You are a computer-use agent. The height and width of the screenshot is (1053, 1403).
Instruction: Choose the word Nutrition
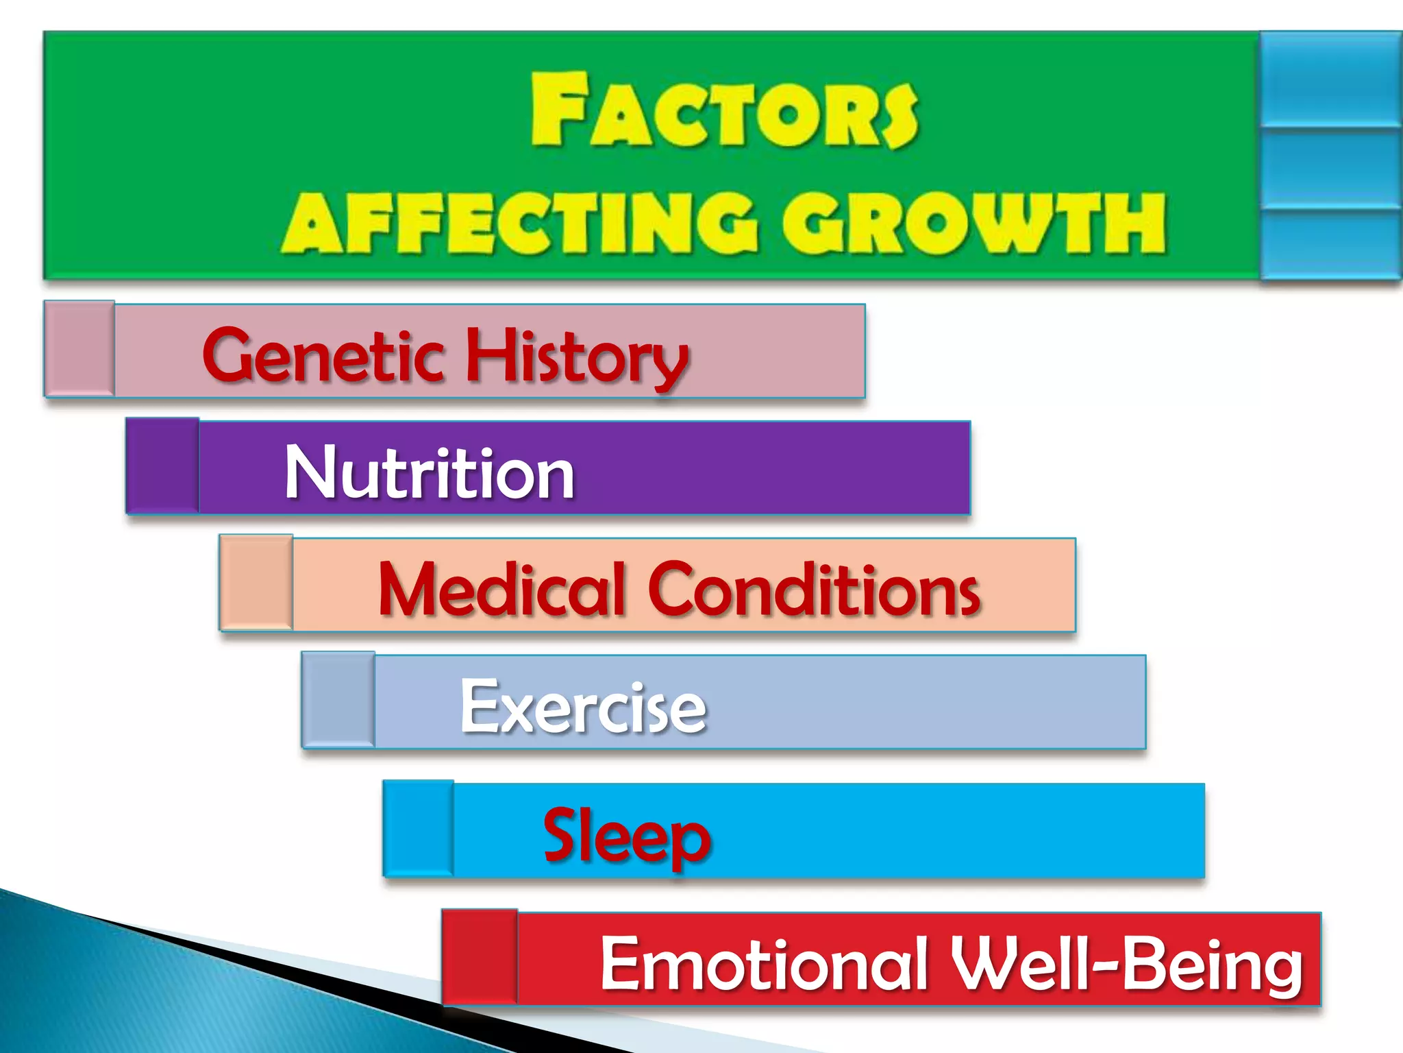point(430,472)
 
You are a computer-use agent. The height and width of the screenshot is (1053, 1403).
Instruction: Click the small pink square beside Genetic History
point(79,348)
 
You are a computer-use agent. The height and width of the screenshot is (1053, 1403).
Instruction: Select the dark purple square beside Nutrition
point(162,465)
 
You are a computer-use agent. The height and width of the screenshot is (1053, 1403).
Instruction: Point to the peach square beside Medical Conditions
point(256,582)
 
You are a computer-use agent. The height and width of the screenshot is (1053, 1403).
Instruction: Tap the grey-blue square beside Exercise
point(338,699)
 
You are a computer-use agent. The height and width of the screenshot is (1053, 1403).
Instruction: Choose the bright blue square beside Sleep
point(419,828)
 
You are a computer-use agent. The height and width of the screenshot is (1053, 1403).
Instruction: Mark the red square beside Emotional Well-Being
point(480,957)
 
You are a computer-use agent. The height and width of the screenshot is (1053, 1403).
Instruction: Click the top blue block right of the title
point(1330,79)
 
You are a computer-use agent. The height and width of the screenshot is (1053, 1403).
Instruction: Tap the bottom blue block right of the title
point(1330,243)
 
